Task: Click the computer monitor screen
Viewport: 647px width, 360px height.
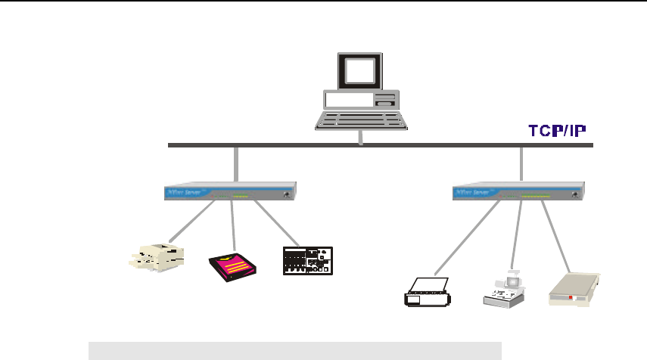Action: pos(359,71)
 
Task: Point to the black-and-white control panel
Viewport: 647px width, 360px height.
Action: pos(307,261)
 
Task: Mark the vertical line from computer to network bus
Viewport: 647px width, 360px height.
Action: pos(361,137)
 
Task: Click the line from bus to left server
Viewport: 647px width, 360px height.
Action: pos(236,163)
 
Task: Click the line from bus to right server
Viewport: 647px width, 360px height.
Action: pos(522,163)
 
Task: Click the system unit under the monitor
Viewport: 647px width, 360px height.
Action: pos(360,101)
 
